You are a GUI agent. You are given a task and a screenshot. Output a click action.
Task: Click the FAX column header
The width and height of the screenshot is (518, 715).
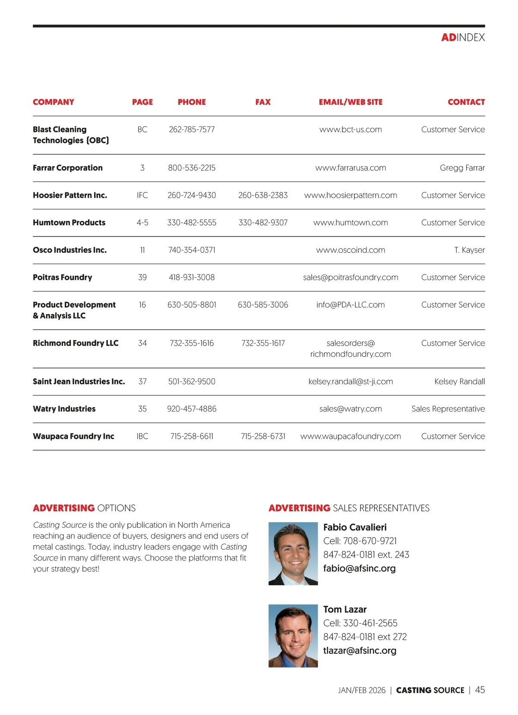263,102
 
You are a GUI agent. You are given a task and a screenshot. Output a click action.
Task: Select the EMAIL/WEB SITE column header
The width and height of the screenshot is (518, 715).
351,102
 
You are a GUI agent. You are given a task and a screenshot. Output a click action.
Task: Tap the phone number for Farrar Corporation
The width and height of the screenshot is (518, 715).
192,168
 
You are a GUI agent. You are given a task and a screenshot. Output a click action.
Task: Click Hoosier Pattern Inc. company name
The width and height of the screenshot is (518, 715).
70,195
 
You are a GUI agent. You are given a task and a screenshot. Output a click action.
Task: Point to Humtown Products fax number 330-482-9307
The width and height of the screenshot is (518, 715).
263,223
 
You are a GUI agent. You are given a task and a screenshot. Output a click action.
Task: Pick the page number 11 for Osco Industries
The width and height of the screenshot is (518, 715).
142,250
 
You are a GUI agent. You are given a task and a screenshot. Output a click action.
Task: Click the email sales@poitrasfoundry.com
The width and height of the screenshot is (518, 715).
351,277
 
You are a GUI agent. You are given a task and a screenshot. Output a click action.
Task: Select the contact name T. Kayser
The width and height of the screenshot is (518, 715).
469,250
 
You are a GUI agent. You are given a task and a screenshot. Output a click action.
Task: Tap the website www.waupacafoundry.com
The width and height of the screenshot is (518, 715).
351,436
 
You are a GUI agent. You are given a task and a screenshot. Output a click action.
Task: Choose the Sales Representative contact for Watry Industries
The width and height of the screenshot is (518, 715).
448,409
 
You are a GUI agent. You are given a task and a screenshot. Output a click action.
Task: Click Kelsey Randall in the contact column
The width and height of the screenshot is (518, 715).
459,381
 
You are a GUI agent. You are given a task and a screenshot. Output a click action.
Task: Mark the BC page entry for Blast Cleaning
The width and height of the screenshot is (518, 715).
142,129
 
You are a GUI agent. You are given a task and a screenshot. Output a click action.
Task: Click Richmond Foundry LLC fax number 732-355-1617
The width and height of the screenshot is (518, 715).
263,343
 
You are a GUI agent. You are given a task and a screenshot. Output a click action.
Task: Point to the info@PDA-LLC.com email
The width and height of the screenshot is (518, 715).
351,305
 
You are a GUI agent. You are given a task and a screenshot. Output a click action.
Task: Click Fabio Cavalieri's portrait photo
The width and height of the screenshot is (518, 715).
293,554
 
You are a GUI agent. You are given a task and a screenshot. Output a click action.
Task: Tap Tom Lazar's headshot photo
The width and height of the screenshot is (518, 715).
293,636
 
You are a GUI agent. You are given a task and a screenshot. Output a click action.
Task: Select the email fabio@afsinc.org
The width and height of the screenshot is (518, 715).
359,568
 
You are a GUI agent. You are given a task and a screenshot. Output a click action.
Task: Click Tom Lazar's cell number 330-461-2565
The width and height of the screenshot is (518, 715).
370,623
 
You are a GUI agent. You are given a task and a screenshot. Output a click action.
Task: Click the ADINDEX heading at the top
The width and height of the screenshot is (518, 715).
463,38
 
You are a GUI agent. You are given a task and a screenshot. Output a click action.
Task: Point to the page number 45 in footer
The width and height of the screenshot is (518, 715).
480,690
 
